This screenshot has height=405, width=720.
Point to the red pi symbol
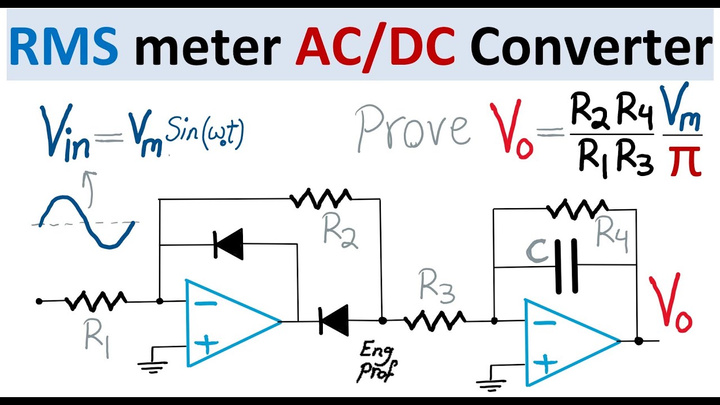pyautogui.click(x=686, y=160)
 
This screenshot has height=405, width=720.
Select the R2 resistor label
pyautogui.click(x=340, y=230)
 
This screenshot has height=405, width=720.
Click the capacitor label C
pyautogui.click(x=537, y=252)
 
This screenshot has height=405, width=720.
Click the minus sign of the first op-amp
pyautogui.click(x=207, y=303)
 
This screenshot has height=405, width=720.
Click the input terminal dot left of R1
pyautogui.click(x=39, y=301)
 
